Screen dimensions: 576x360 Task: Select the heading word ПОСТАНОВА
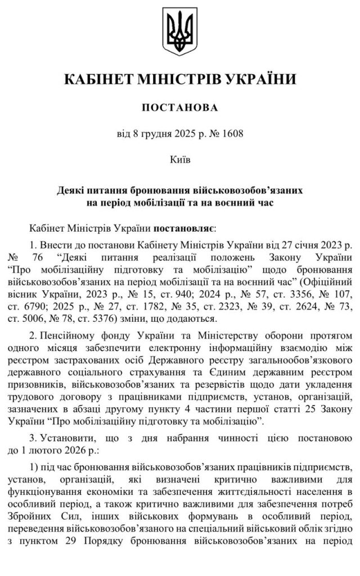point(179,107)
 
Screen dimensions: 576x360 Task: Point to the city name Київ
point(179,160)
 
